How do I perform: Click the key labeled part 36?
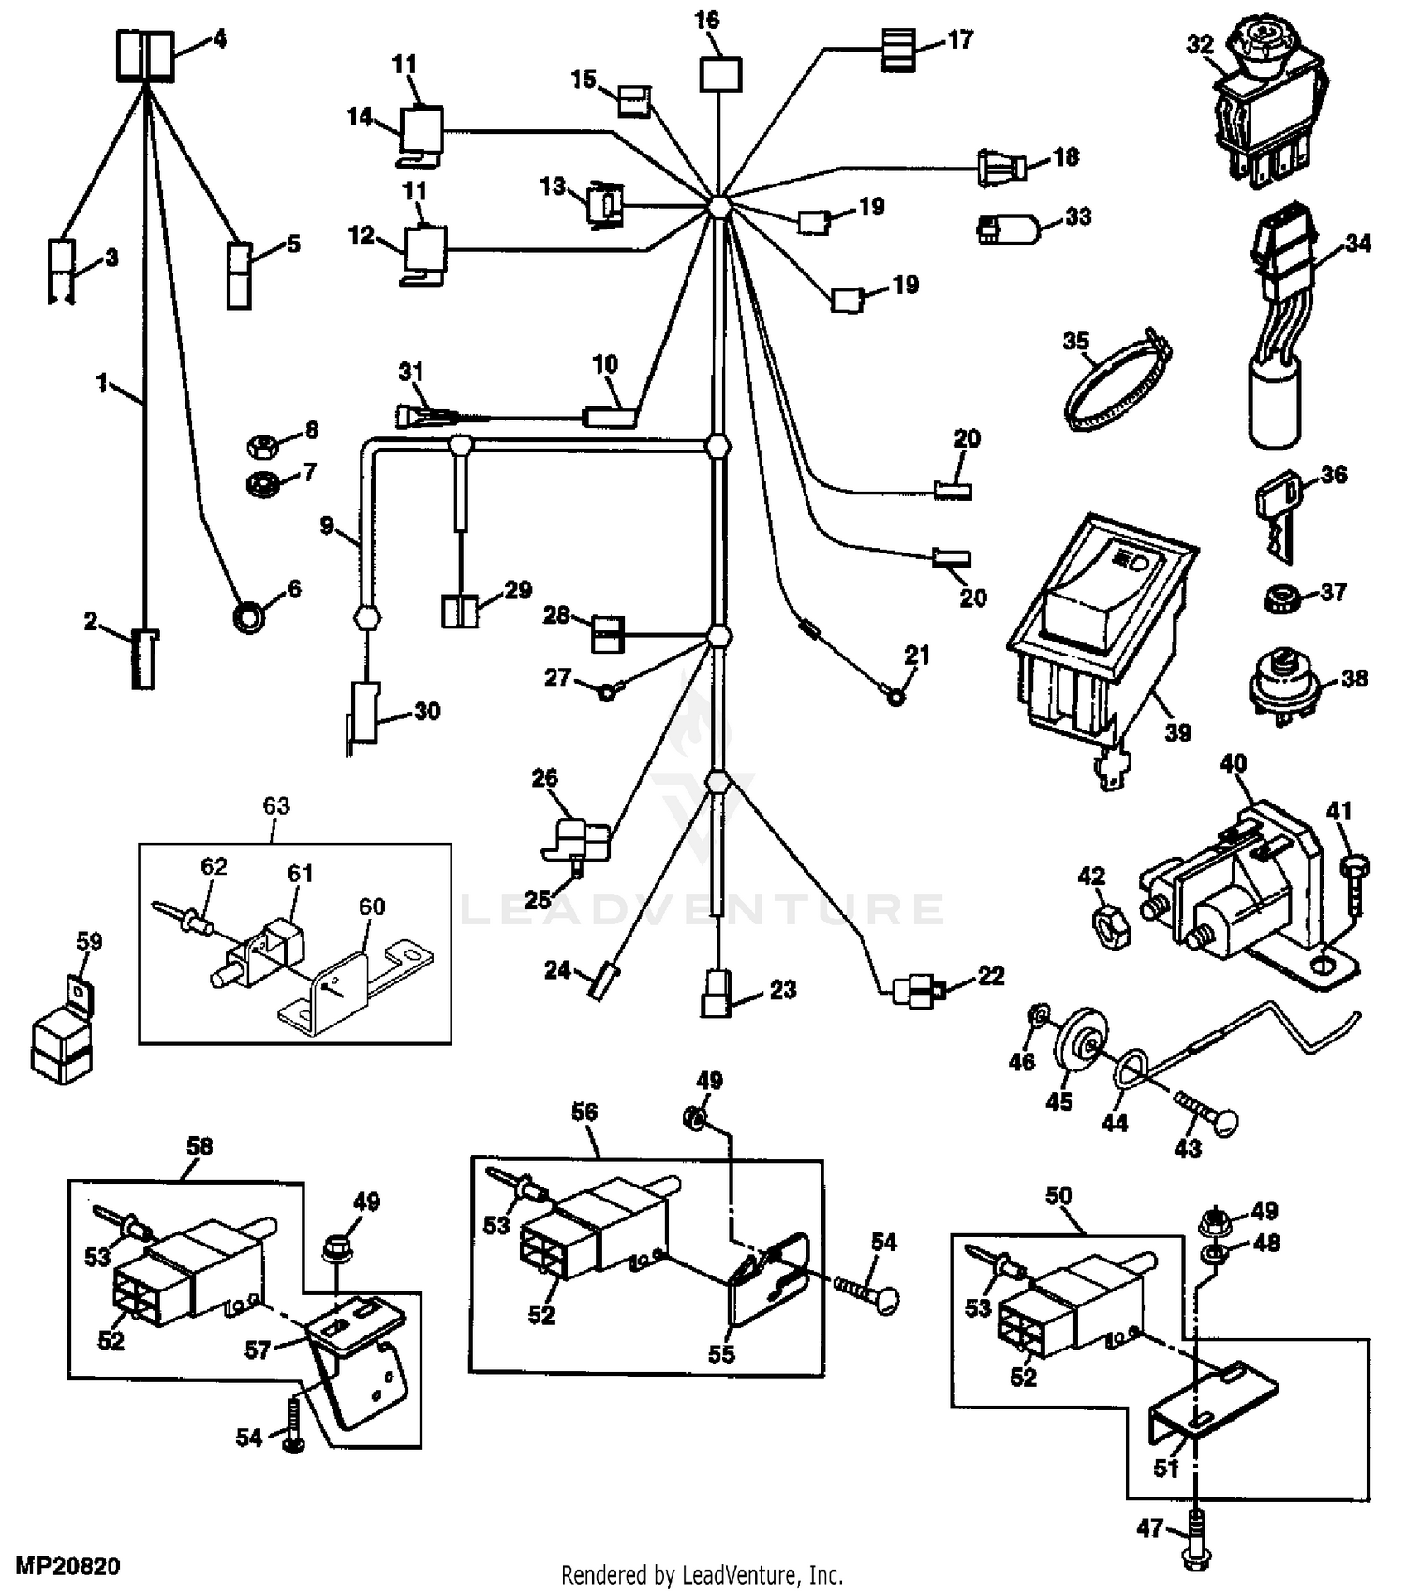[x=1275, y=512]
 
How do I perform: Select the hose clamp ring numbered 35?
[x=1117, y=382]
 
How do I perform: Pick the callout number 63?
[x=275, y=805]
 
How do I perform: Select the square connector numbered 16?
[x=720, y=74]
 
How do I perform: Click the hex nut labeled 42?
[x=1113, y=926]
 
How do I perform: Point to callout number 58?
[x=200, y=1146]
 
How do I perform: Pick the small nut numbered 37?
[x=1277, y=599]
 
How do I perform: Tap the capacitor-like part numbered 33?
[x=1010, y=229]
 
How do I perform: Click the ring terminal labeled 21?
[x=895, y=696]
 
